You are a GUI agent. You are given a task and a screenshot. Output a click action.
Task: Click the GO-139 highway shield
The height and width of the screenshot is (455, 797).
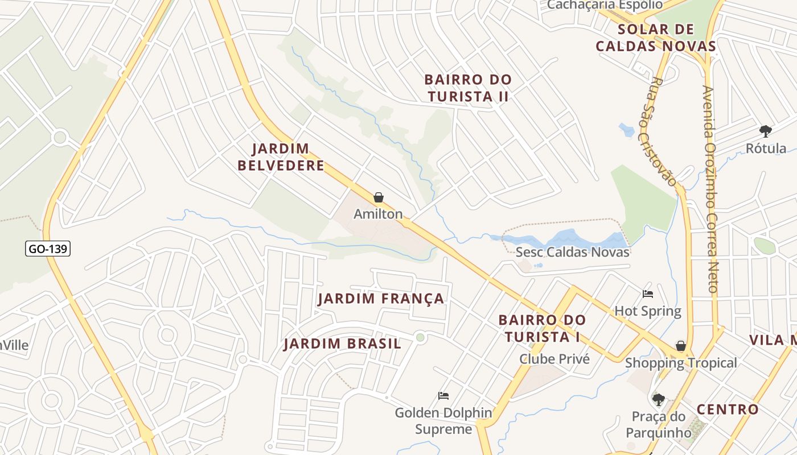[48, 249]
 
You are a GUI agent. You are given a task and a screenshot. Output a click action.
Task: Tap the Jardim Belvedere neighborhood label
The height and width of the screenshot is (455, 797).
[281, 158]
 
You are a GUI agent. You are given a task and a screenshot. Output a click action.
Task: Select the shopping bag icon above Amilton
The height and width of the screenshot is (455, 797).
[378, 197]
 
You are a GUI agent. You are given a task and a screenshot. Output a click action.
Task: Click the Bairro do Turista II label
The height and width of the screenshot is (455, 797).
[469, 88]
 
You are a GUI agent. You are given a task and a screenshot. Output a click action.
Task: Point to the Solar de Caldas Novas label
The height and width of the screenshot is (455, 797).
[655, 38]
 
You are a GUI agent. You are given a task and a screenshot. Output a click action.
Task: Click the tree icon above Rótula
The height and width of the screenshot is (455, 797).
[766, 131]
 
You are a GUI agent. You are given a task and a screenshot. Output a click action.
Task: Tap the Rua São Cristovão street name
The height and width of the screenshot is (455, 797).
[660, 131]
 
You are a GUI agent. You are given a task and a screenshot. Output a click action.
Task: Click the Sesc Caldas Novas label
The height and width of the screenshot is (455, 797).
[572, 252]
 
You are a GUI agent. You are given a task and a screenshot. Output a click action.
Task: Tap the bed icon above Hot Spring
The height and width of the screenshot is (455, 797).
[648, 294]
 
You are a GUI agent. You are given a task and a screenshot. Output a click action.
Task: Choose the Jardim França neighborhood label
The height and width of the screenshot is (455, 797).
[381, 299]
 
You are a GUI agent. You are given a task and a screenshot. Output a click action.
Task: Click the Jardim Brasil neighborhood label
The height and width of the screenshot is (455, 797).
[342, 344]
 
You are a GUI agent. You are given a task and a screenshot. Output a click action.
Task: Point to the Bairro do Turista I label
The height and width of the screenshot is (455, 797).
[541, 328]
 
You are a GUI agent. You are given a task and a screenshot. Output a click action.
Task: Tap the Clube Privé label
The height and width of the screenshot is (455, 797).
[554, 359]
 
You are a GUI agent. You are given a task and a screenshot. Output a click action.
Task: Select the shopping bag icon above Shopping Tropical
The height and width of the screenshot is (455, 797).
[680, 346]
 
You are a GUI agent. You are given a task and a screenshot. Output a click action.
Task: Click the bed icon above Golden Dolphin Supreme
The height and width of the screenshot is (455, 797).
[443, 395]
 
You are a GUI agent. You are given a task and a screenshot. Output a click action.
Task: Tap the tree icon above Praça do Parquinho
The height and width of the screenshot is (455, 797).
[659, 399]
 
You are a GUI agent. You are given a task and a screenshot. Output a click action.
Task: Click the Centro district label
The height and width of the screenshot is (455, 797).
[728, 409]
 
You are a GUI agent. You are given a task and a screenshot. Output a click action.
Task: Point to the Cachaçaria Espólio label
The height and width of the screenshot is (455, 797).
[605, 5]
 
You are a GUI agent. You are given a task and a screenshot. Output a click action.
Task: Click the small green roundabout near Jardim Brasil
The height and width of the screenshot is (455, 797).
[420, 338]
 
